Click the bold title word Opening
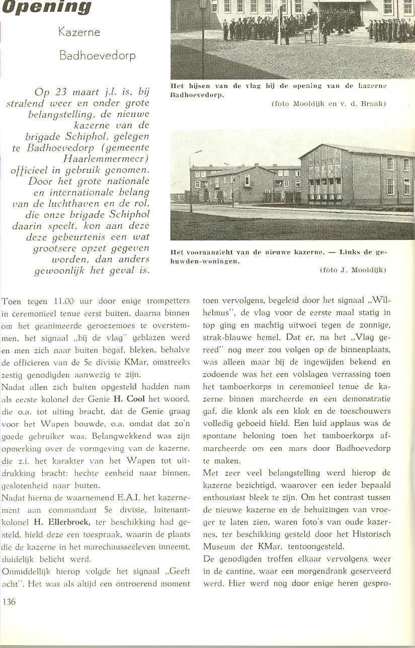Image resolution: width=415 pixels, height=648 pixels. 46,7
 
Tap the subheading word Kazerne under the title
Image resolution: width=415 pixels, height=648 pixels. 79,33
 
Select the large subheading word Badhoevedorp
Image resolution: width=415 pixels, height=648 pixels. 97,55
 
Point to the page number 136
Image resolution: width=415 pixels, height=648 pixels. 9,601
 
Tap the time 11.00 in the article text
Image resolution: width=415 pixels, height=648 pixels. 64,301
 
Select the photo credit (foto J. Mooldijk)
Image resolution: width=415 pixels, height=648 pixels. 353,270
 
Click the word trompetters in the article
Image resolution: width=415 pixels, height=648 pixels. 165,301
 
